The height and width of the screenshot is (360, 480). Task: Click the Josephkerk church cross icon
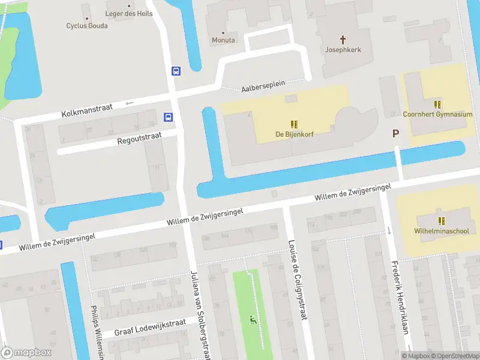[343, 40]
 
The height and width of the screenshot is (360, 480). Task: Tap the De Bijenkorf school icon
[295, 124]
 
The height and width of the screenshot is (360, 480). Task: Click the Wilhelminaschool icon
[442, 221]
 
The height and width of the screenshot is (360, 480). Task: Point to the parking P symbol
[395, 133]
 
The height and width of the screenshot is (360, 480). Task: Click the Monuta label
[223, 40]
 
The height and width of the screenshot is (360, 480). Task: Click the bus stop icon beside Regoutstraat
[169, 117]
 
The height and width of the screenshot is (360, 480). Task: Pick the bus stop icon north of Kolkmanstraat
[176, 71]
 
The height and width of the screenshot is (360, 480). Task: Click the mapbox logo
[26, 353]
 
